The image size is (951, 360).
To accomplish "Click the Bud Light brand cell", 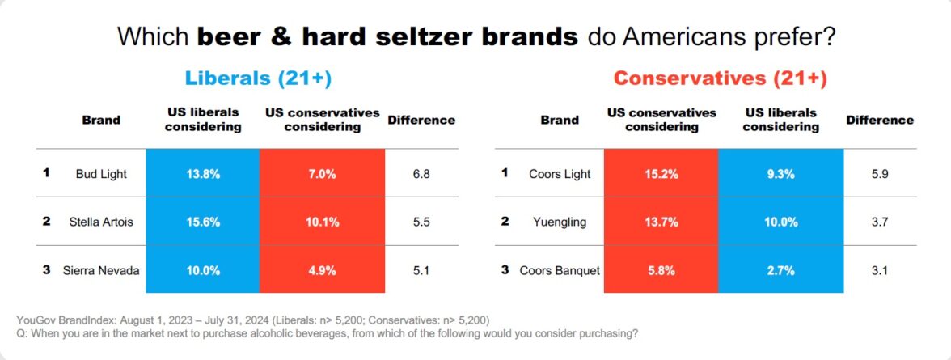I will coord(101,173).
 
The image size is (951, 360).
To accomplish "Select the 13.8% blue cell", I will coord(203,173).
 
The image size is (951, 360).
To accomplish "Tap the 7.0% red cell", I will coord(322,173).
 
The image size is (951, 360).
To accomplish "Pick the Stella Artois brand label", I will coord(101,222).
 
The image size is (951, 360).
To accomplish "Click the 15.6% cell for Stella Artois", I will coord(203,222).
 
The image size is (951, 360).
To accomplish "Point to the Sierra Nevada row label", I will coord(101,270).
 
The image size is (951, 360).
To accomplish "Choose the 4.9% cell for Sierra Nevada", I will coord(322,270).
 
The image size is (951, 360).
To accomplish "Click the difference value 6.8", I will coord(421,173).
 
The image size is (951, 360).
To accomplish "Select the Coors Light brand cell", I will coord(560,173).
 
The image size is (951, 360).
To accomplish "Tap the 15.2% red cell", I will coord(661,173).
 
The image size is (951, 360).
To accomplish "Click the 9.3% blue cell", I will coord(780,173).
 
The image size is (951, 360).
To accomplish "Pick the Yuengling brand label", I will coord(560,222).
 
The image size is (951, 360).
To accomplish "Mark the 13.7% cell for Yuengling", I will coord(661,222).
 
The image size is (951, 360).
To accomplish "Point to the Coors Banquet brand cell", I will coord(560,270).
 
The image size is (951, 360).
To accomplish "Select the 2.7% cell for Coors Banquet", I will coord(780,270).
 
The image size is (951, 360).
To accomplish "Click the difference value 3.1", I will coord(880,270).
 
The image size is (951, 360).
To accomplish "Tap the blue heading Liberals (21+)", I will coord(259,78).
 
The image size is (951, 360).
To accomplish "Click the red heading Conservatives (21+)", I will coord(720,78).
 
